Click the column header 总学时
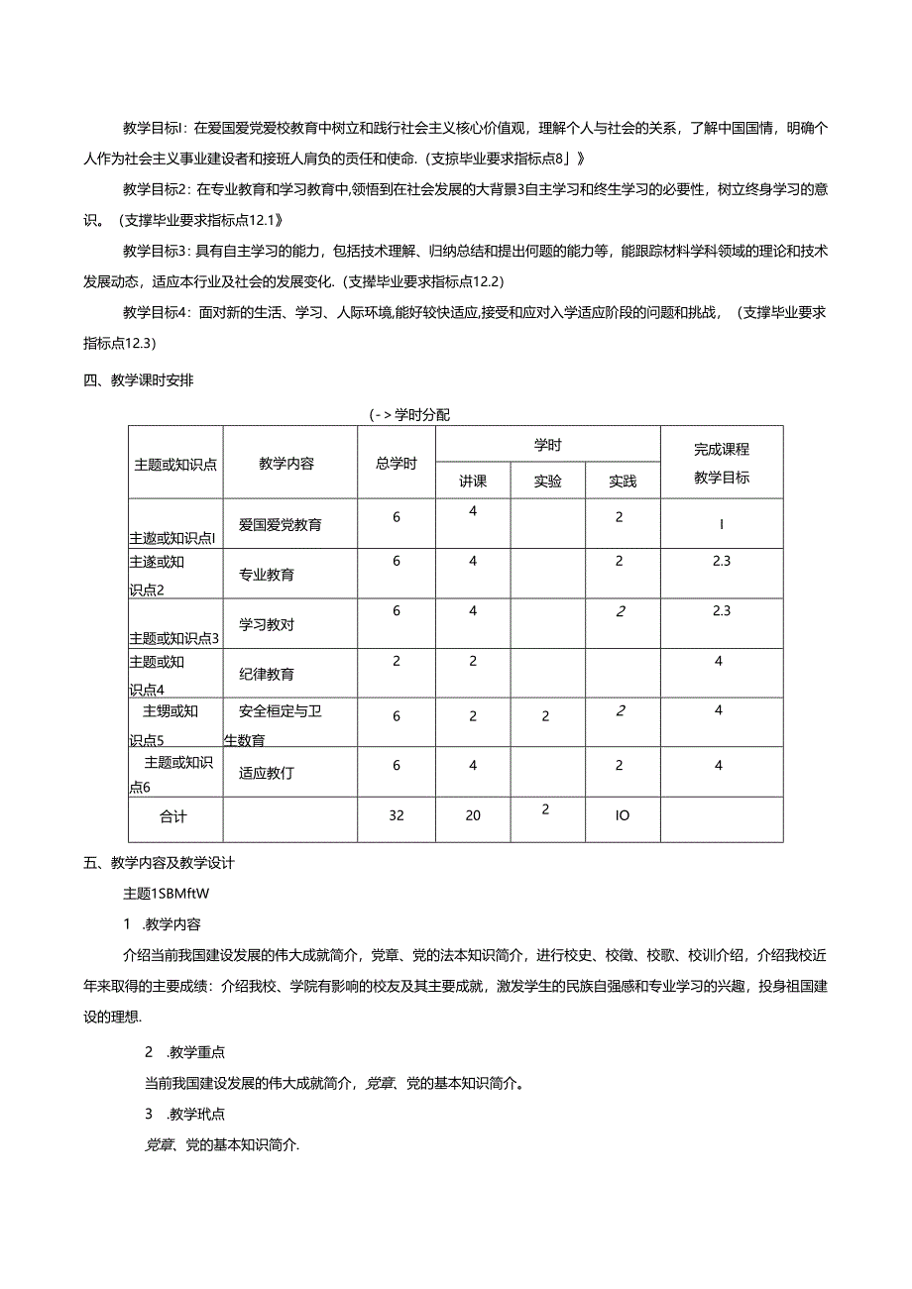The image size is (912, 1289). point(396,463)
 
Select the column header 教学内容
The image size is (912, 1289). point(286,463)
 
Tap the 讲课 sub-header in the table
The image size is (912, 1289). point(473,481)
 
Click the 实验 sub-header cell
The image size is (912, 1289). point(547,481)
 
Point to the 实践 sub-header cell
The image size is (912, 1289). point(623,481)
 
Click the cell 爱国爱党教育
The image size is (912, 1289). point(281,524)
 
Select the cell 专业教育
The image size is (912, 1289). point(266,574)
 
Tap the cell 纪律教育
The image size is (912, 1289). point(266,674)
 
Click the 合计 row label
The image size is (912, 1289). point(173,816)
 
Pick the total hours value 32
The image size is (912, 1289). point(397,816)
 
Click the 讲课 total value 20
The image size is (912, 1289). point(473,816)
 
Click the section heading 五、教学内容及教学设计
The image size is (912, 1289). point(159,863)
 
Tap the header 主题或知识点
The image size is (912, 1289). point(175,463)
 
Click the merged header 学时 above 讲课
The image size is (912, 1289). point(547,446)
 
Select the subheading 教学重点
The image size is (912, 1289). point(193,1051)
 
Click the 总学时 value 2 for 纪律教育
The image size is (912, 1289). point(397,660)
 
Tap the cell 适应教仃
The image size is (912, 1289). point(266,773)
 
